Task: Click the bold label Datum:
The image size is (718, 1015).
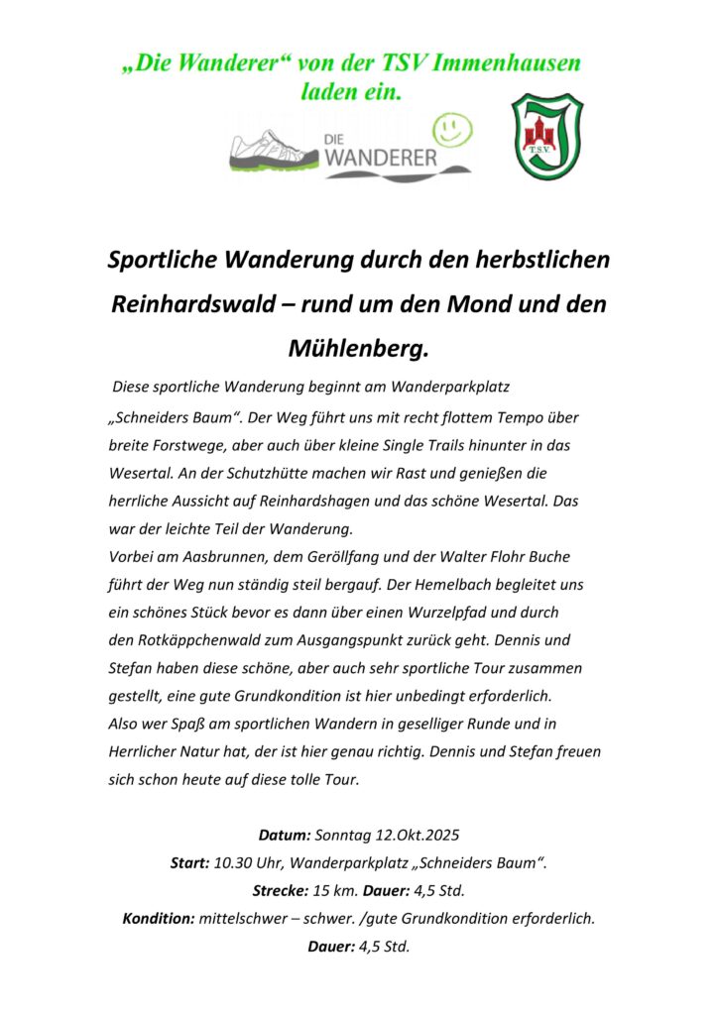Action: (x=286, y=835)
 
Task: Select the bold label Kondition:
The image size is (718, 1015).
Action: (x=159, y=918)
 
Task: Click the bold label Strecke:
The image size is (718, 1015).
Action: (x=281, y=890)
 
